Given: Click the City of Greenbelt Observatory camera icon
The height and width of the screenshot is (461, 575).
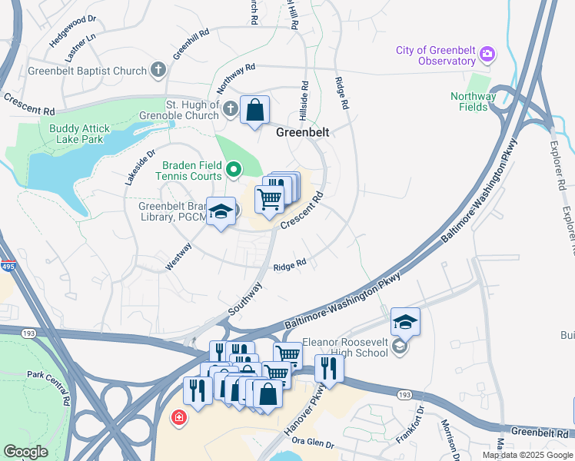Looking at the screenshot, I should [486, 55].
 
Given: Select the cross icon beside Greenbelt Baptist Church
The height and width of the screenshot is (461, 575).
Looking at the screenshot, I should [158, 71].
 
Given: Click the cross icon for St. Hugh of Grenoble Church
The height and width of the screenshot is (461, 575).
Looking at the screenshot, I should [230, 110].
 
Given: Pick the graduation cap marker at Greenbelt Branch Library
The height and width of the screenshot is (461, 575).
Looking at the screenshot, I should [221, 212].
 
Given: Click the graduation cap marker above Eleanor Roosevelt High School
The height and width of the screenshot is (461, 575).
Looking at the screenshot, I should [405, 322].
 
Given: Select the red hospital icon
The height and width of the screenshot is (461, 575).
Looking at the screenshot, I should [179, 417].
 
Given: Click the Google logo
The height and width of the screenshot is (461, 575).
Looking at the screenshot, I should [25, 452].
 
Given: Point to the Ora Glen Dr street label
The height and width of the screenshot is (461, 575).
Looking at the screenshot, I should [314, 443].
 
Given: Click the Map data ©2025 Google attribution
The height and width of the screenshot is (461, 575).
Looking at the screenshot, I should [527, 455].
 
